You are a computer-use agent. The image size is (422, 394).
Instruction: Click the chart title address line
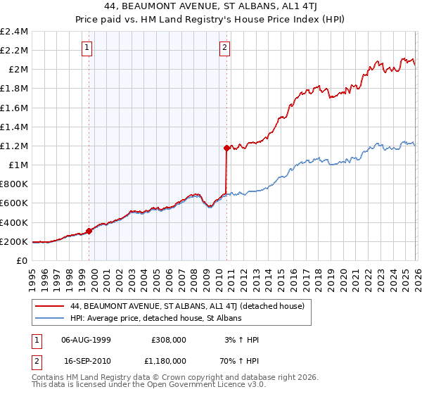pyautogui.click(x=210, y=7)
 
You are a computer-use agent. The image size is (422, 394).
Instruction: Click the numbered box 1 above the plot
pyautogui.click(x=87, y=48)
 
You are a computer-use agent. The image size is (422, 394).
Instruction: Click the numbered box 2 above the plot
pyautogui.click(x=224, y=48)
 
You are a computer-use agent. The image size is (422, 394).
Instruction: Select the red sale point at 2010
pyautogui.click(x=226, y=148)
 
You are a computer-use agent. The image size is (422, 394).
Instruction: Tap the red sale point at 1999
pyautogui.click(x=89, y=231)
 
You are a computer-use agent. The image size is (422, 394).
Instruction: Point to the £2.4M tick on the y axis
pyautogui.click(x=14, y=32)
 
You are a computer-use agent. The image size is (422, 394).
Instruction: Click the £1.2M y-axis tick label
pyautogui.click(x=14, y=146)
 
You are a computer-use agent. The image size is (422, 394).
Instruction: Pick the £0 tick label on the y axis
pyautogui.click(x=23, y=261)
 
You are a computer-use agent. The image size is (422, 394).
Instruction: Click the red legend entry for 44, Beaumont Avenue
pyautogui.click(x=187, y=306)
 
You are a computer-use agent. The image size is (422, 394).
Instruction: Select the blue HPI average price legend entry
pyautogui.click(x=155, y=319)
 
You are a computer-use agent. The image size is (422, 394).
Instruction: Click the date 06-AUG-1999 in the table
pyautogui.click(x=86, y=340)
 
